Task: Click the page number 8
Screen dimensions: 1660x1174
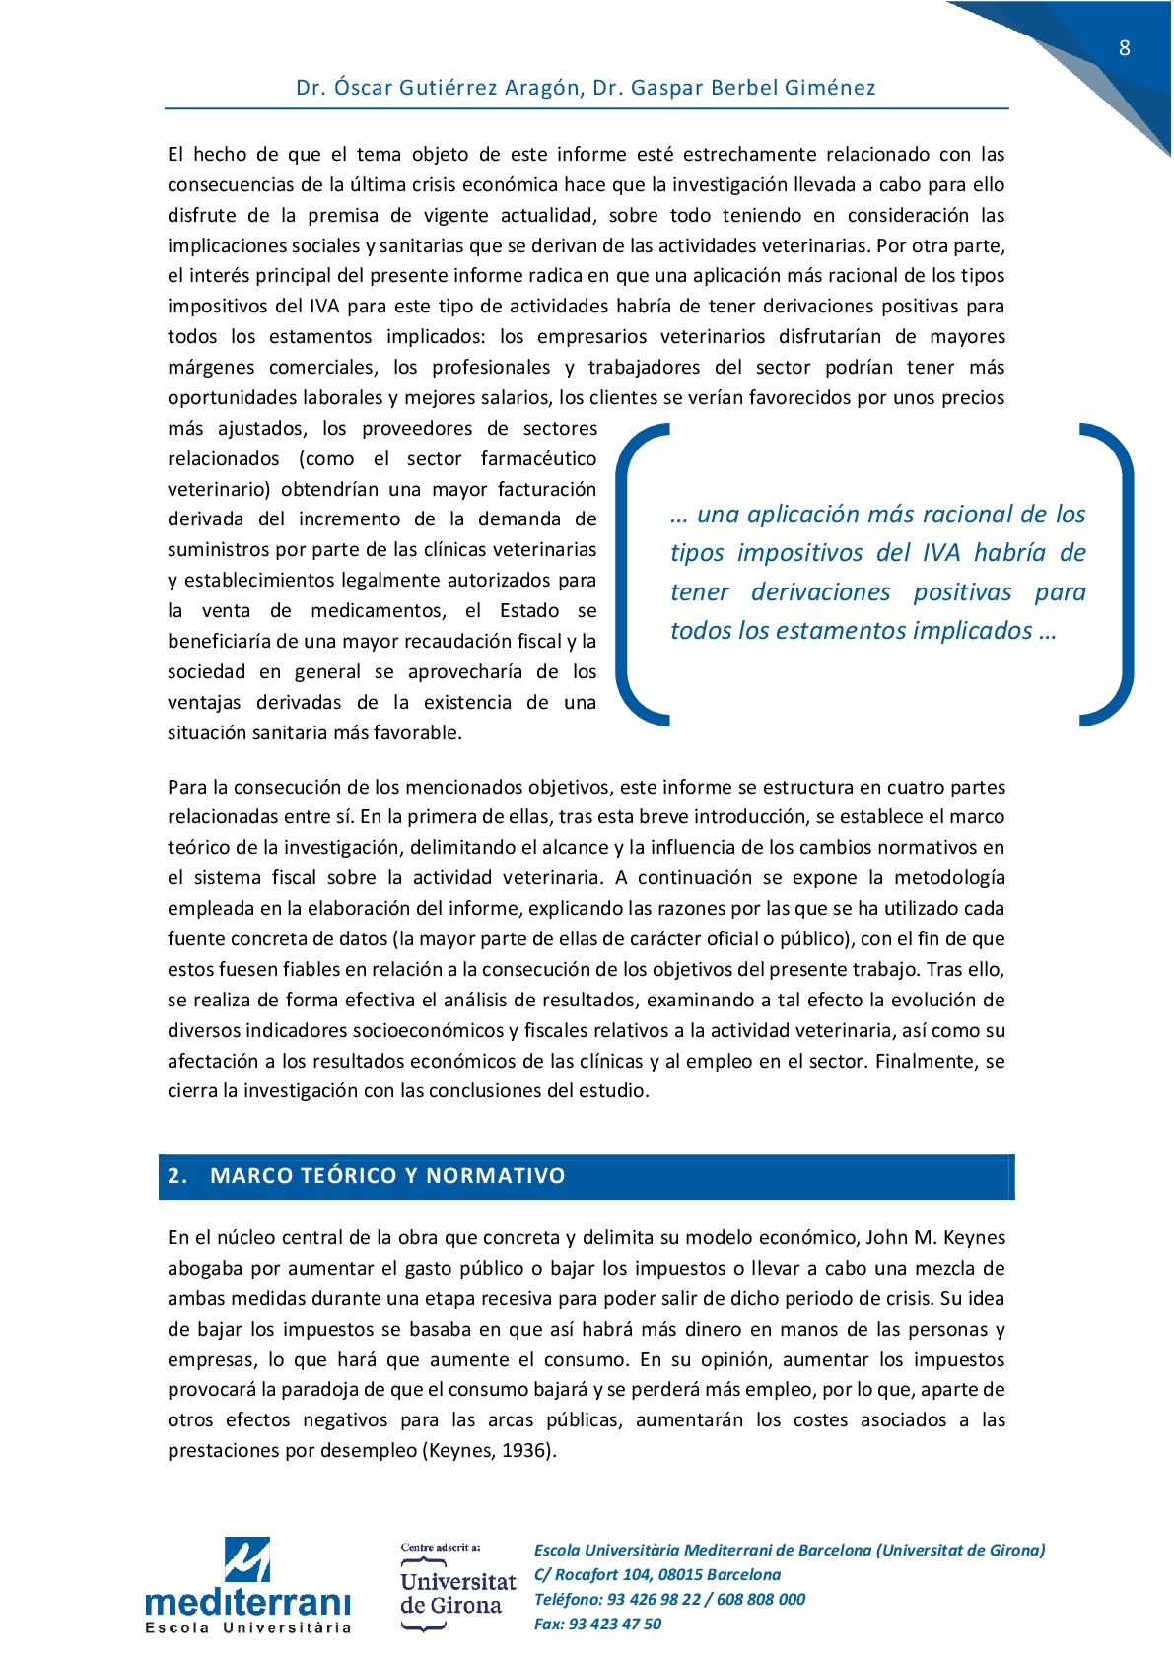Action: click(1124, 48)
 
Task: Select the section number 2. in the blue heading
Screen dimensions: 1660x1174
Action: click(177, 1176)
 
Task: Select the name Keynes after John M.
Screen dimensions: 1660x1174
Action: click(974, 1238)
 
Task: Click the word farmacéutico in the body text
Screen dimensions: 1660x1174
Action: click(538, 459)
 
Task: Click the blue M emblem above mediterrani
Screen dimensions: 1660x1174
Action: click(247, 1559)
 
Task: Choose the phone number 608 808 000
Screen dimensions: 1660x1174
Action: click(761, 1600)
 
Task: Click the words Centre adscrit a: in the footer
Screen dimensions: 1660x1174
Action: click(441, 1548)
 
